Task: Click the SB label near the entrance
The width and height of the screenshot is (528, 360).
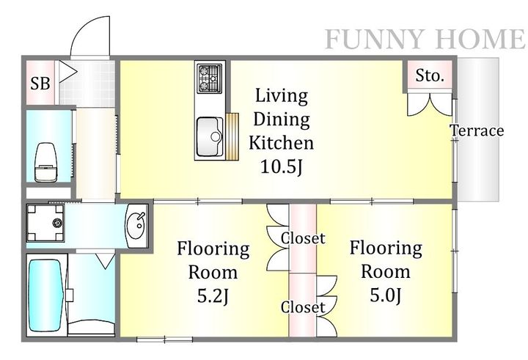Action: tap(40, 83)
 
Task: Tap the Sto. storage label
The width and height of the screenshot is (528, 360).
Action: tap(429, 76)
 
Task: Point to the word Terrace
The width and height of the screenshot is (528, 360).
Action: tap(477, 131)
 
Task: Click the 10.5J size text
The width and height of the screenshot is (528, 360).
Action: tap(282, 166)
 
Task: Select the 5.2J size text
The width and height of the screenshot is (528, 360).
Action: tap(213, 296)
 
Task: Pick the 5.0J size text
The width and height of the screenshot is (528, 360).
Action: tap(386, 295)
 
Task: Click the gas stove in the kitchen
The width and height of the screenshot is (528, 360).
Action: tap(210, 78)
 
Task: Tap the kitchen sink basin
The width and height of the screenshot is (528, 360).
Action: tap(210, 136)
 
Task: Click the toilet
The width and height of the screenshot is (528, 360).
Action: tap(45, 162)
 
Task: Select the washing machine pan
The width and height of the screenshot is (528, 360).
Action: tap(45, 223)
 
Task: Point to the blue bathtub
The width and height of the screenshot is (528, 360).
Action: tap(46, 295)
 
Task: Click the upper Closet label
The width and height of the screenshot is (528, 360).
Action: tap(303, 238)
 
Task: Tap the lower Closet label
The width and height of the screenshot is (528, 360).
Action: tap(303, 307)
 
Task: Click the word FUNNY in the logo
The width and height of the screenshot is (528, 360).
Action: tap(374, 39)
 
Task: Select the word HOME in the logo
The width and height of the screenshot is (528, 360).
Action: tap(479, 39)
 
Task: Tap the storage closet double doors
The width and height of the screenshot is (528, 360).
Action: tap(430, 105)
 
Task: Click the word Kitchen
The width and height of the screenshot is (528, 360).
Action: tap(282, 143)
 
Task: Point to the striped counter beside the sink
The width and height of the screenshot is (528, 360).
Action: tap(232, 136)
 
